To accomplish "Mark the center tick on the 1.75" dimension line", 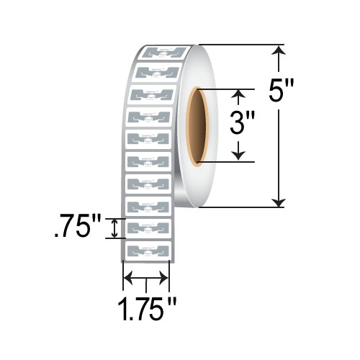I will [x=147, y=280].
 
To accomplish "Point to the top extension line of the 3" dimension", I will [x=223, y=89].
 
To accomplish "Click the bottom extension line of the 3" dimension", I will [x=223, y=161].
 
